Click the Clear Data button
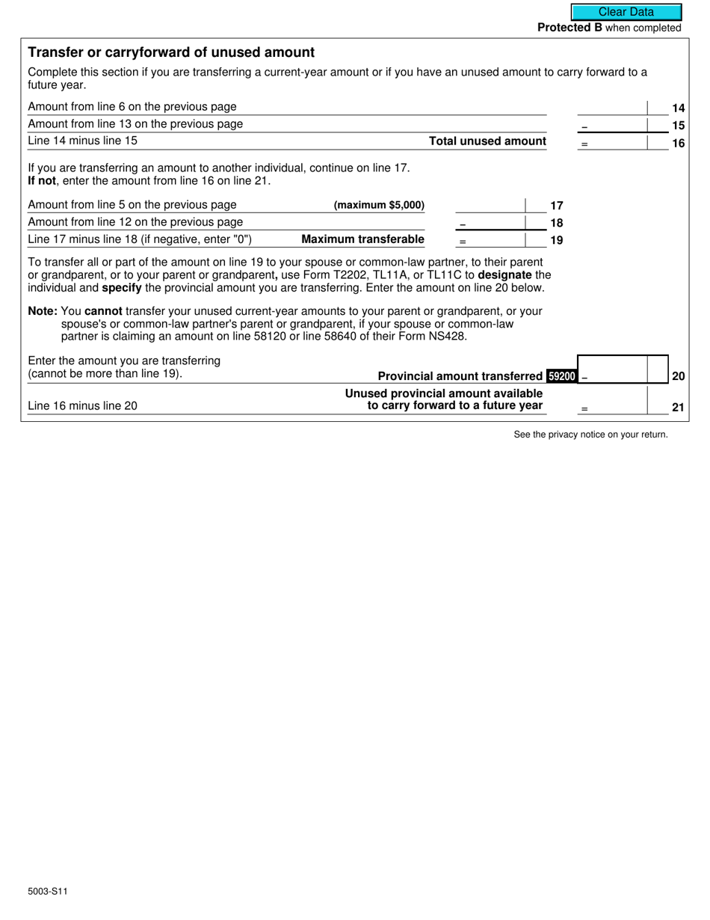pos(626,12)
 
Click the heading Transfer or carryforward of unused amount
pos(171,52)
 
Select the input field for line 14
pos(612,107)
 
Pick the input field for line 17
pos(490,205)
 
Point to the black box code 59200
pos(562,376)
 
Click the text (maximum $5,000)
pos(379,205)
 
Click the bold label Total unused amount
pos(487,141)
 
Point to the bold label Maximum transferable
pos(362,239)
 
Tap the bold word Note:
pos(42,311)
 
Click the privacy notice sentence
pos(590,435)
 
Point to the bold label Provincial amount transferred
pos(460,376)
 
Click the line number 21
pos(678,407)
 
